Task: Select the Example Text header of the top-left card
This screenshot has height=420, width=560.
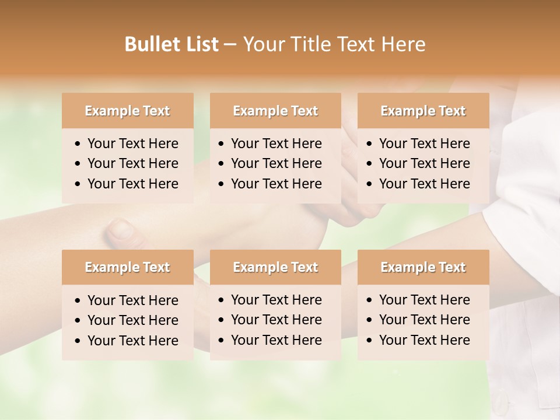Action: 127,111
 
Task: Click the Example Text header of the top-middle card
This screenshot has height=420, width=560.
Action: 275,111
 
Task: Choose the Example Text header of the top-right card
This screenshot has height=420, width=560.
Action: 423,111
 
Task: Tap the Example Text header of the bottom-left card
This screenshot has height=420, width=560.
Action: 127,267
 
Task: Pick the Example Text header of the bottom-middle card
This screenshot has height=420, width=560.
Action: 275,267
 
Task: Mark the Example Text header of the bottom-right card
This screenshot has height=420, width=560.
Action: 423,267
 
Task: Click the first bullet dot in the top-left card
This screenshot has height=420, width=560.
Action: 78,144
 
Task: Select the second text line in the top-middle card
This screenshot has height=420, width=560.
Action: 276,163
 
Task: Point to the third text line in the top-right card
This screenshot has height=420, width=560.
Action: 424,183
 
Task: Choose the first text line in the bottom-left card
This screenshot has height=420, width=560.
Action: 132,300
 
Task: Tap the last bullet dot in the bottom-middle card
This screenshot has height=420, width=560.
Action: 222,341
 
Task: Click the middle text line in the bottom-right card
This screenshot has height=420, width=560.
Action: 424,320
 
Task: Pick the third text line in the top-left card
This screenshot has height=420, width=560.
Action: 132,183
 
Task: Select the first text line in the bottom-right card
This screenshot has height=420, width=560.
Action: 424,300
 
